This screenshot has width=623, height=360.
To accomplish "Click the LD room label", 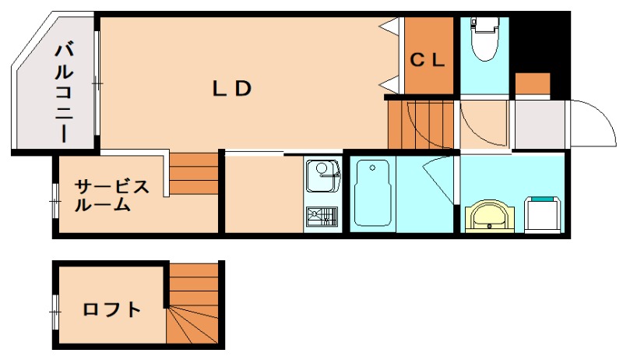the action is [232, 88].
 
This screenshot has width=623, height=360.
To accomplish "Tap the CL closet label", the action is [427, 60].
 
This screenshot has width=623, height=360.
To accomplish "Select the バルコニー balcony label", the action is [64, 93].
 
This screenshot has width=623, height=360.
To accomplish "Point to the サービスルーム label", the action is [112, 196].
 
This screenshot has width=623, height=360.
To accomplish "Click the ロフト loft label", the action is [112, 309].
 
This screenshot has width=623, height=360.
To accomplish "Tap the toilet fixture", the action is [484, 39].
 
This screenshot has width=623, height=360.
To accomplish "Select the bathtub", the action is [372, 192].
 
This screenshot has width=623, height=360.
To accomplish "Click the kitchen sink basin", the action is [322, 176].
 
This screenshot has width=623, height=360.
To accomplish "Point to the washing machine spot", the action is [542, 214].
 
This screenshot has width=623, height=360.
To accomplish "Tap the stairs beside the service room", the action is [194, 174].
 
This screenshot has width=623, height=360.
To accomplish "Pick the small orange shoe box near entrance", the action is [533, 83].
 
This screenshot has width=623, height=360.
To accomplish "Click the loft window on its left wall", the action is [55, 312].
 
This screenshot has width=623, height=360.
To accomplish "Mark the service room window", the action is [55, 201].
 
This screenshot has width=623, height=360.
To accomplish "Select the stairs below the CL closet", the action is [421, 125].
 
